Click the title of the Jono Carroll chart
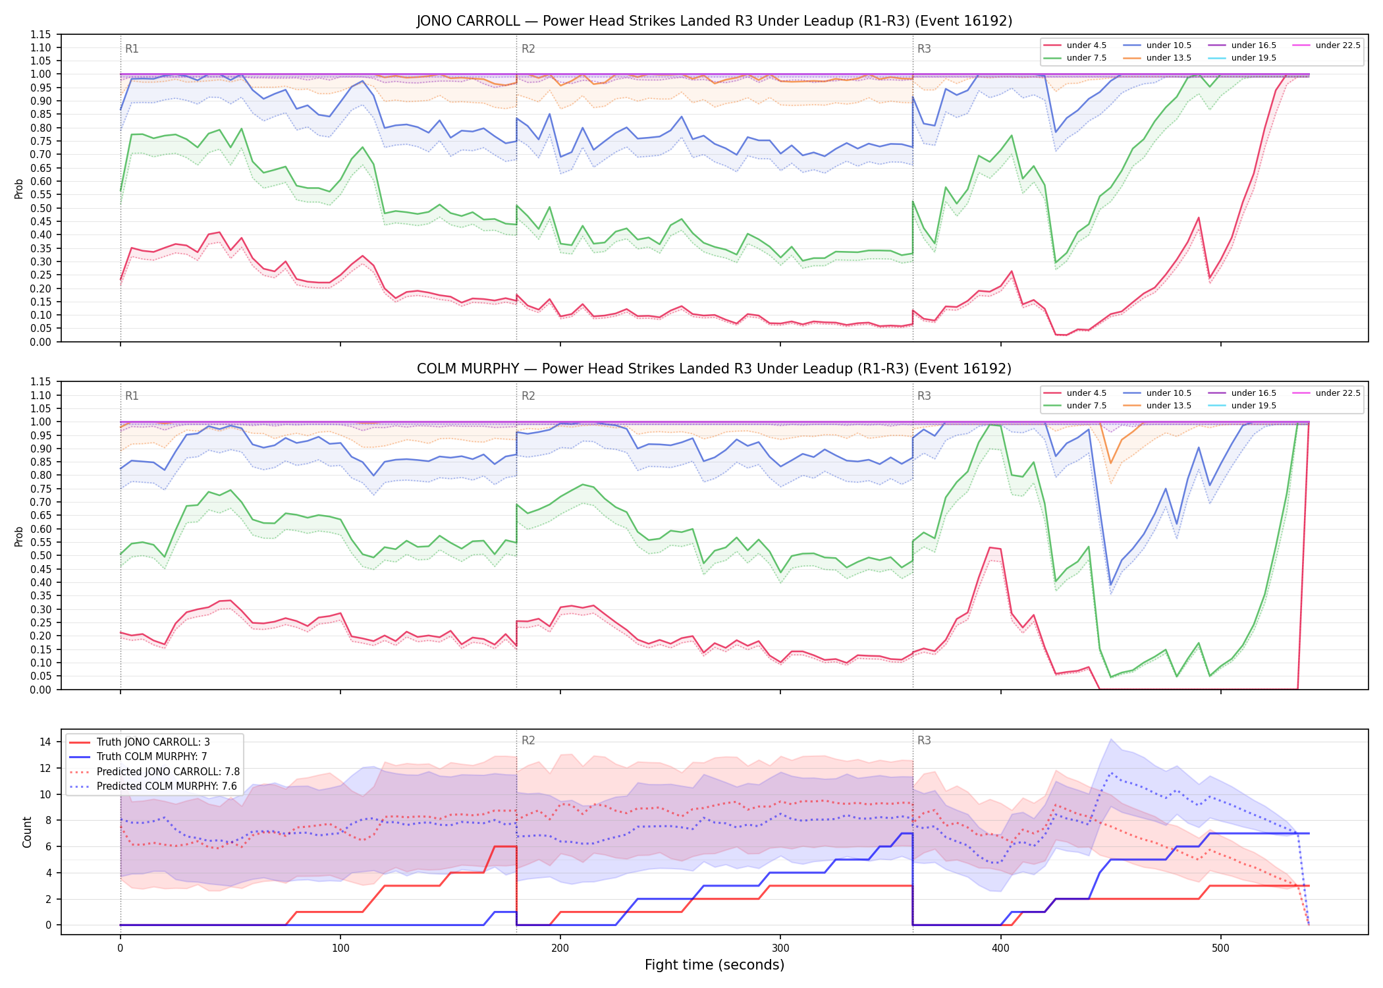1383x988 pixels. [x=715, y=21]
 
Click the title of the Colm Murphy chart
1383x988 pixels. [x=715, y=369]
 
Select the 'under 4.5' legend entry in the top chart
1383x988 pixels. [x=1075, y=45]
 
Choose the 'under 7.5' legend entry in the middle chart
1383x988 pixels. [x=1075, y=406]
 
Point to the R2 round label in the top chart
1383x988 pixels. [x=528, y=49]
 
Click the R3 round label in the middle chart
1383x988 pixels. [x=924, y=396]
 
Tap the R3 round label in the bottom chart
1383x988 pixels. [x=924, y=740]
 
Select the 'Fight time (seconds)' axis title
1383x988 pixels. [x=715, y=965]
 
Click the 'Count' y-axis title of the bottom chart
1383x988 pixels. [x=27, y=832]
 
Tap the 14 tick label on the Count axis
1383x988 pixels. [x=45, y=742]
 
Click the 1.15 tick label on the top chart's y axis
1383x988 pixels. [x=41, y=34]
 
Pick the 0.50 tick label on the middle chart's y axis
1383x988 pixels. [x=41, y=556]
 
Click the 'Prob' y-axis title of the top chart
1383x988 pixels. [x=19, y=189]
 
